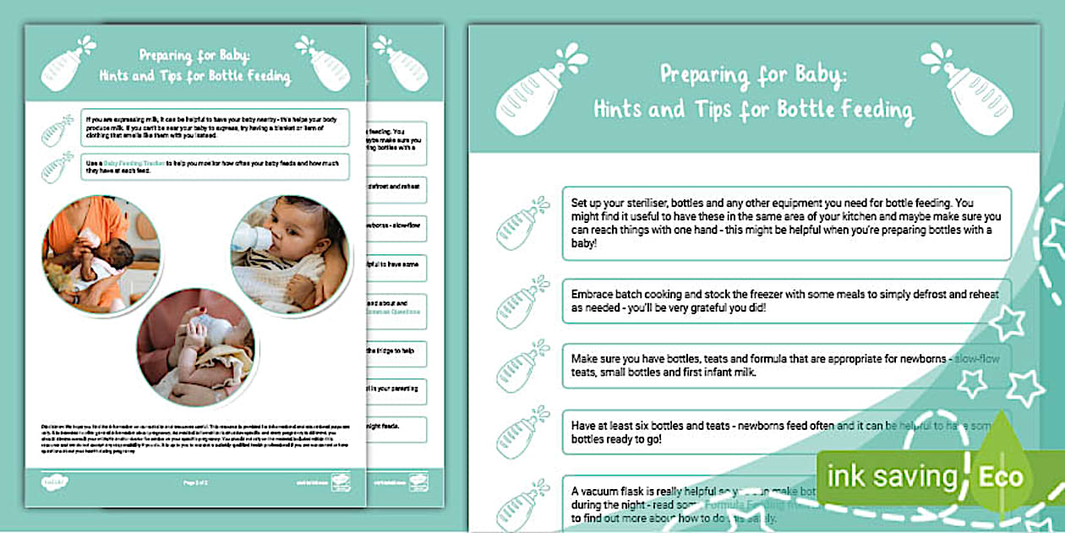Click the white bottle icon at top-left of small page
tap(69, 63)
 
